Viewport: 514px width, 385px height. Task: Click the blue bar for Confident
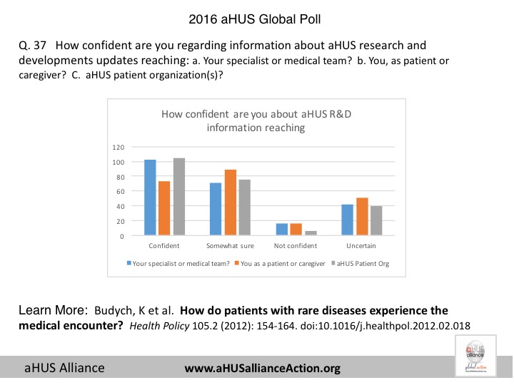pyautogui.click(x=150, y=197)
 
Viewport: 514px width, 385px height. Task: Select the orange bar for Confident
pyautogui.click(x=164, y=208)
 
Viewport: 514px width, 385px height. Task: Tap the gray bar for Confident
pyautogui.click(x=178, y=197)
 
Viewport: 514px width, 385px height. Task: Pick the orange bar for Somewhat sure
pyautogui.click(x=230, y=202)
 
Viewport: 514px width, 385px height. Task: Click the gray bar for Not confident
pyautogui.click(x=310, y=233)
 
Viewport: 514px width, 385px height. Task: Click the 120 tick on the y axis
pyautogui.click(x=119, y=147)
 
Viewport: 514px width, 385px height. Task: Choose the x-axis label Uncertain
pyautogui.click(x=363, y=246)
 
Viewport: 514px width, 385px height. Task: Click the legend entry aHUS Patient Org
pyautogui.click(x=363, y=263)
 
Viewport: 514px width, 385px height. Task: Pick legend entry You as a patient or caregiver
pyautogui.click(x=280, y=263)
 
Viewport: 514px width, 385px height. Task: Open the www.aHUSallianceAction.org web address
pyautogui.click(x=263, y=368)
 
